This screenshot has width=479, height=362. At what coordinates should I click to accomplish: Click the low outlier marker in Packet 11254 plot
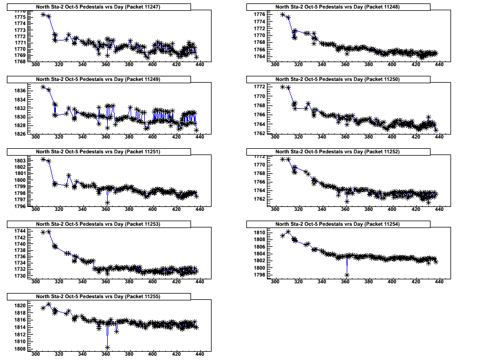click(347, 275)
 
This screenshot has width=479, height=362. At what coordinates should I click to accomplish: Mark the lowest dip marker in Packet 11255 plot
click(107, 347)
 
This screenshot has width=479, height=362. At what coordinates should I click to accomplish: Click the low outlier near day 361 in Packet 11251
click(107, 202)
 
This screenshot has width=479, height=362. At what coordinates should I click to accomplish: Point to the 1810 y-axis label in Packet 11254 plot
click(259, 233)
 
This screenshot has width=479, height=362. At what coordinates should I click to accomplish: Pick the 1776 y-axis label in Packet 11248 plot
click(259, 14)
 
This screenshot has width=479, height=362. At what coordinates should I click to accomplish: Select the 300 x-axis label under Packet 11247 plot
click(35, 64)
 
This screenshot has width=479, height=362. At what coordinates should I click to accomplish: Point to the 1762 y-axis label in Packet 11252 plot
click(259, 199)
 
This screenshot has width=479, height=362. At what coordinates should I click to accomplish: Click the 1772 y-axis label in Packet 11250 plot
click(259, 87)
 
